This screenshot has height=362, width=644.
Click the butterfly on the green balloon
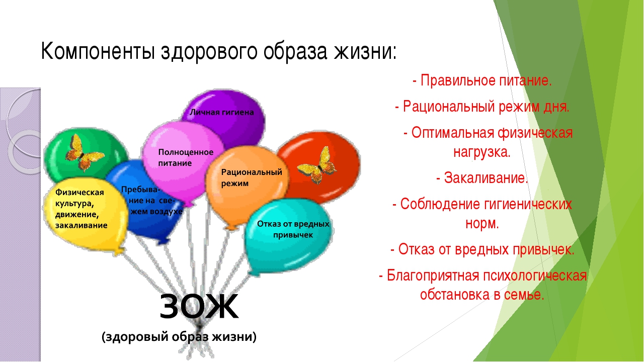[85, 152]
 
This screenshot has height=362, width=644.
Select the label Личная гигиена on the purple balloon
[222, 112]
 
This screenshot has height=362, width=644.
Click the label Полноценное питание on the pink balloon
[186, 157]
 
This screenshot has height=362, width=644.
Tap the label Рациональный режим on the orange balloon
[252, 177]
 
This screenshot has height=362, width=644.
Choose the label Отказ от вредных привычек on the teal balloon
[293, 229]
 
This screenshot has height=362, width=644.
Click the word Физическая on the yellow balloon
[79, 192]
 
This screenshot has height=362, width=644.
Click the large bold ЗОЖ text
[199, 306]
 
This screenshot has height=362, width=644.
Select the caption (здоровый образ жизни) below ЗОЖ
[179, 337]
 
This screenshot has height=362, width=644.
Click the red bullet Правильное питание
[482, 81]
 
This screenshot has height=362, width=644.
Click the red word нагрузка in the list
[482, 152]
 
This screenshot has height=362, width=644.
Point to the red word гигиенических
[528, 204]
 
